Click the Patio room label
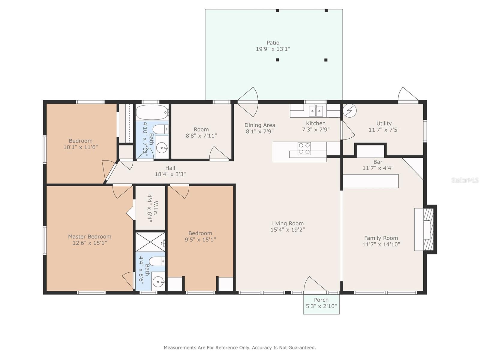click(x=273, y=43)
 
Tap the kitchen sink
click(x=316, y=111)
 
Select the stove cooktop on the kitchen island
click(x=304, y=148)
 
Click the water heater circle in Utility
click(x=349, y=110)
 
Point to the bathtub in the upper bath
click(x=152, y=112)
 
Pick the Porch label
click(x=321, y=300)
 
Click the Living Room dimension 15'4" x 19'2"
click(x=287, y=230)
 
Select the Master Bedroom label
click(x=89, y=236)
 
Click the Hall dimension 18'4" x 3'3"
click(x=170, y=174)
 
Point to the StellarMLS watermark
click(x=465, y=180)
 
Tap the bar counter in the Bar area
click(x=370, y=181)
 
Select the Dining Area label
click(x=259, y=125)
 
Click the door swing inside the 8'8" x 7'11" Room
click(x=218, y=154)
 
